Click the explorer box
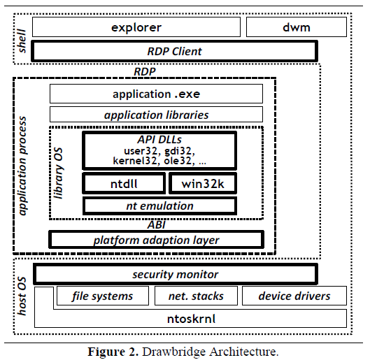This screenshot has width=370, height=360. pos(136,27)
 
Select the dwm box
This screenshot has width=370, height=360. pos(297,27)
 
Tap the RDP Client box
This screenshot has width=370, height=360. pos(174,51)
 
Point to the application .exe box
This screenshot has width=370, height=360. pos(156,94)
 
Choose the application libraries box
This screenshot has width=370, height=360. pos(156,115)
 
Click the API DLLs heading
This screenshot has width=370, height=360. pos(159,139)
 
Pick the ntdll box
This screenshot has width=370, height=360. pos(124,183)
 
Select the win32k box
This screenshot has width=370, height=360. pos(203,183)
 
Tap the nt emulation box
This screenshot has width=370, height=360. pos(159,206)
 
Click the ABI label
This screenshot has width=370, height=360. pos(156,224)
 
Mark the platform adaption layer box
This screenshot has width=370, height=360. pos(156,240)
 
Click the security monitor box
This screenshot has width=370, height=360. pos(176,274)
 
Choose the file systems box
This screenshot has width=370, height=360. pos(103,296)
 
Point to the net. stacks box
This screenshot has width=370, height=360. pos(196,296)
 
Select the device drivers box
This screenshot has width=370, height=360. pos(294,296)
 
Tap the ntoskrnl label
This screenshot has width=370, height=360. pos(191,319)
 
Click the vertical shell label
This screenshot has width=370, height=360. pos(22,41)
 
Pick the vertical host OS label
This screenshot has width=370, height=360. pos(22,296)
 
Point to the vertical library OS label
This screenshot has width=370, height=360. pos(58,173)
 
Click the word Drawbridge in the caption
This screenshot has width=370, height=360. pos(173,352)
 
